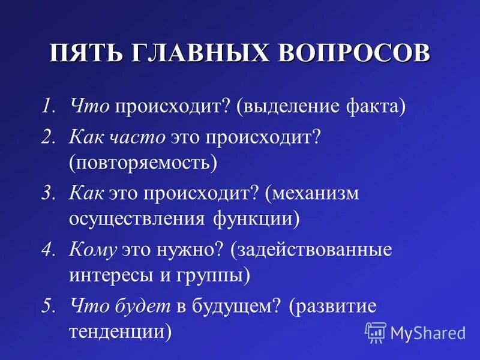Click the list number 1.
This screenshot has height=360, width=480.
48,107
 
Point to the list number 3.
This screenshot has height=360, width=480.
48,193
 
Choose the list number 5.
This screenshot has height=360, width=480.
48,307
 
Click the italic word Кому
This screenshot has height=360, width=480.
92,250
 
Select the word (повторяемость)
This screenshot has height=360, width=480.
142,163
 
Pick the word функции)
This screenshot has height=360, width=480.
255,218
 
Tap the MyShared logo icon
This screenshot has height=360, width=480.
376,332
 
